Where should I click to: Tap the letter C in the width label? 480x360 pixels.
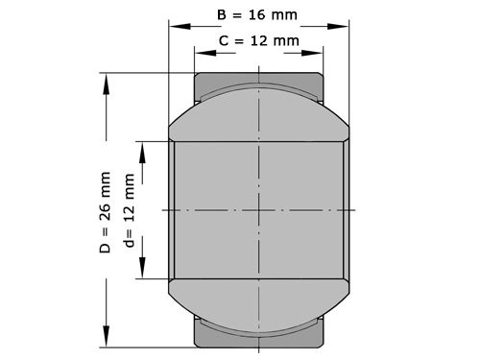[x=224, y=40]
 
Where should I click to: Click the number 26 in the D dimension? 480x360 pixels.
[x=105, y=215]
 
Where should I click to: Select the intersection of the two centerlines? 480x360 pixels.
[x=258, y=208]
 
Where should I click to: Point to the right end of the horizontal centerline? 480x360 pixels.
[x=355, y=208]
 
